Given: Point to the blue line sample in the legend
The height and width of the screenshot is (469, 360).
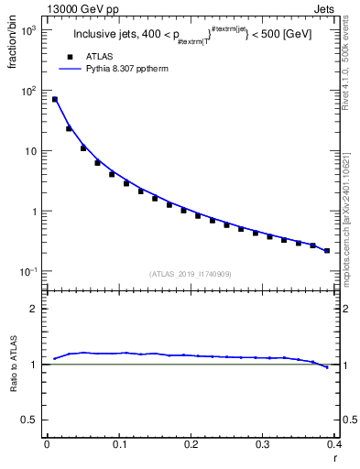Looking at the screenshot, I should click(69, 69).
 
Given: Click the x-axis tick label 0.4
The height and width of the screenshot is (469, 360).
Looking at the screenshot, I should click(334, 445).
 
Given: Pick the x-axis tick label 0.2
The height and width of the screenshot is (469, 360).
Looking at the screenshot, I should click(191, 445).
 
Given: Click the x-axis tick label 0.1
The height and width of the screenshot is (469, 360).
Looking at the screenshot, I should click(118, 445).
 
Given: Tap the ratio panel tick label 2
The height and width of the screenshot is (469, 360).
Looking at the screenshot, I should click(33, 309).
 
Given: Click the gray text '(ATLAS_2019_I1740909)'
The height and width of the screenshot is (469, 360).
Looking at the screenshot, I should click(191, 274).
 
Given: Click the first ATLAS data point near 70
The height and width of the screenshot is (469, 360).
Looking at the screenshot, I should click(54, 99).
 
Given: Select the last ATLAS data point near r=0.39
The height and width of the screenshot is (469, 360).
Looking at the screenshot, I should click(327, 250).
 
